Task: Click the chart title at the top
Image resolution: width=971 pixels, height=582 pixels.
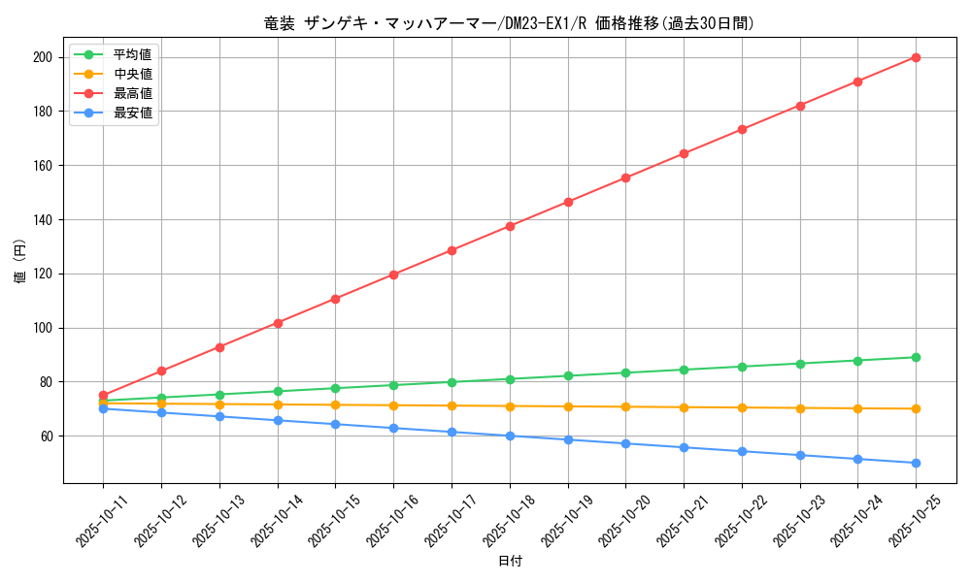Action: pos(509,23)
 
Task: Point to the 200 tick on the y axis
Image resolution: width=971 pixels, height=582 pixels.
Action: pos(43,57)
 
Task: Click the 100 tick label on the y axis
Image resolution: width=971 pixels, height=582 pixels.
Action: pos(43,328)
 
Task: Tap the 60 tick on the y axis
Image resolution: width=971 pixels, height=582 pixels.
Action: pos(47,436)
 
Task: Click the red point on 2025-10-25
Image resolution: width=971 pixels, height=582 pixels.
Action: pos(916,57)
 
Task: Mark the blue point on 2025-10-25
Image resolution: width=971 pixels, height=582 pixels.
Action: pos(916,463)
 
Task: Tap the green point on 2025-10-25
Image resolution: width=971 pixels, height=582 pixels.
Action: pos(916,357)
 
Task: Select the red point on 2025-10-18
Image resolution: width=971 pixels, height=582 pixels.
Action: pos(510,226)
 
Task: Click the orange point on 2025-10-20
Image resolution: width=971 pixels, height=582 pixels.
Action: pos(625,406)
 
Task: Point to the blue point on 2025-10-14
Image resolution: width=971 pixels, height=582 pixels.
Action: pos(278,420)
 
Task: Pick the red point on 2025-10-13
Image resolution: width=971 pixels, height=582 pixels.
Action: pos(219,347)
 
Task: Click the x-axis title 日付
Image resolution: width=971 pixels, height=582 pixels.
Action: pos(509,562)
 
